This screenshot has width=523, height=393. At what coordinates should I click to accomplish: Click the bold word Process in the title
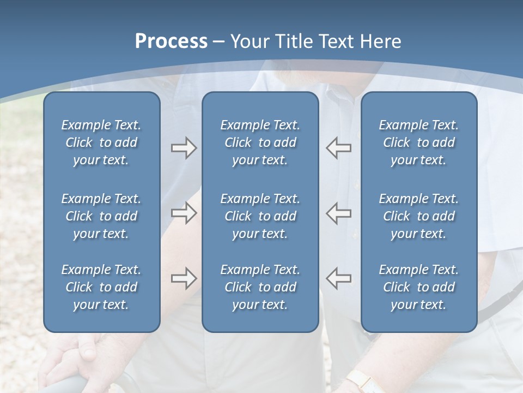(x=171, y=41)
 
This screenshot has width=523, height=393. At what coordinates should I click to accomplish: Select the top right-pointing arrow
(x=184, y=148)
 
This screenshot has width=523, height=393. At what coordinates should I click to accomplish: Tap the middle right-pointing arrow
(x=184, y=213)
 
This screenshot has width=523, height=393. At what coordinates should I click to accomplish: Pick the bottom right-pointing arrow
(x=184, y=278)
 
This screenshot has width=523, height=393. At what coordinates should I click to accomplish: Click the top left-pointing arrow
(x=338, y=148)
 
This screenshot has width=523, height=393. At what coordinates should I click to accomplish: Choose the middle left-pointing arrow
(x=338, y=213)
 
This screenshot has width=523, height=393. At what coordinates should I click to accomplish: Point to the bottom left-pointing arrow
(x=338, y=278)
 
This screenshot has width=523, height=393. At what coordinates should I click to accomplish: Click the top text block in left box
(x=101, y=142)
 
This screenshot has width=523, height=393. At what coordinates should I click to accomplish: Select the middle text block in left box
(x=101, y=216)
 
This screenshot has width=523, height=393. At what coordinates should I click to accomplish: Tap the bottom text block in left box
(x=101, y=287)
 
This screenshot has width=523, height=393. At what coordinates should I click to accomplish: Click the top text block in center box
(x=260, y=142)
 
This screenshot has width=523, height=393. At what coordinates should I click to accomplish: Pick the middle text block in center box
(x=260, y=216)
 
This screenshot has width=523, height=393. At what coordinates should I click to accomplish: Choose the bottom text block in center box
(x=260, y=287)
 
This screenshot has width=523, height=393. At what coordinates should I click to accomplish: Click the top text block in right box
(x=419, y=142)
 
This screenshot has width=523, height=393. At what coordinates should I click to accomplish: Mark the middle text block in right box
(x=419, y=216)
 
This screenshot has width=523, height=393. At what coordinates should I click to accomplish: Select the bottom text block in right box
(x=419, y=287)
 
